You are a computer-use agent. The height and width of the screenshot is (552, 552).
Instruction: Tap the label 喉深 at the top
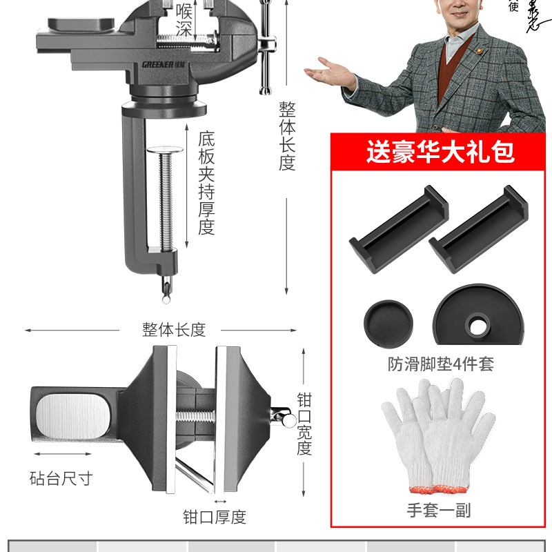184,19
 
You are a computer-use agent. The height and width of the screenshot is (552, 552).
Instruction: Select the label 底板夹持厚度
206,183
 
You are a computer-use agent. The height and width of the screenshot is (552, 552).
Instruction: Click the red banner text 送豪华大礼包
440,151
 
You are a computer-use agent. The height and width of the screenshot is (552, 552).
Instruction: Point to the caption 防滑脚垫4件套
440,364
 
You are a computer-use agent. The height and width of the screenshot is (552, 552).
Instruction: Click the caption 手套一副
440,511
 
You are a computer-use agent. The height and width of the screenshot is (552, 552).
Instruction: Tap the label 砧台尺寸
61,477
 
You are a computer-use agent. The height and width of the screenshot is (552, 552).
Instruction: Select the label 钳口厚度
214,516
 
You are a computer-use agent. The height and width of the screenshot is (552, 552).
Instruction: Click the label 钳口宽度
304,424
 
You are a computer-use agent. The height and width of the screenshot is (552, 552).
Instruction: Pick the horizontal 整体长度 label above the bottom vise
174,330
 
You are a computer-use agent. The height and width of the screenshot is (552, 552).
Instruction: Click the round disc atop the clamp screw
166,150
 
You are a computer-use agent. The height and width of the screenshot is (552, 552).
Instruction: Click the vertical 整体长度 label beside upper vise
287,137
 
